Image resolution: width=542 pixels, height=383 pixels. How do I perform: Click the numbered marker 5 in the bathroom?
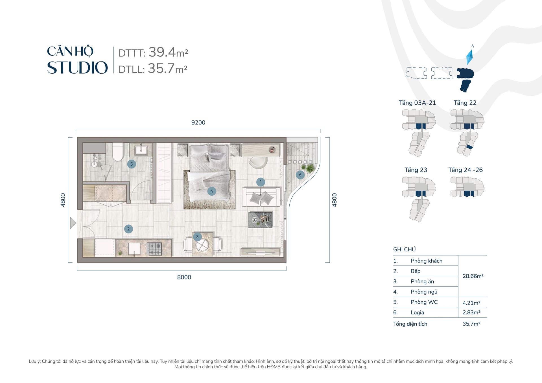pyautogui.click(x=132, y=164)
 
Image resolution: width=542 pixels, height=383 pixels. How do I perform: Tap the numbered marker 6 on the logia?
pyautogui.click(x=300, y=175)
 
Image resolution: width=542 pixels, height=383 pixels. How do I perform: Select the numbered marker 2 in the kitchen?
pyautogui.click(x=128, y=229)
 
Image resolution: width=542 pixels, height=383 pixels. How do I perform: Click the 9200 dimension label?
pyautogui.click(x=198, y=122)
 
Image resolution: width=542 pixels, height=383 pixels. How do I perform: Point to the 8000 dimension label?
pyautogui.click(x=184, y=277)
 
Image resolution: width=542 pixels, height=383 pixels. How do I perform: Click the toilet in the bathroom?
pyautogui.click(x=118, y=152)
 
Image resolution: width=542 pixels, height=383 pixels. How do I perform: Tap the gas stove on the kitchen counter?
pyautogui.click(x=155, y=249)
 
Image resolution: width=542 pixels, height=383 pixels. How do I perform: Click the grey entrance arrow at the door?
pyautogui.click(x=73, y=223)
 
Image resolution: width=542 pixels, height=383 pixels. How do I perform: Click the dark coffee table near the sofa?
pyautogui.click(x=260, y=220)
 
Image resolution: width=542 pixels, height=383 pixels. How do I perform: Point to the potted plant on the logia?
pyautogui.click(x=310, y=168)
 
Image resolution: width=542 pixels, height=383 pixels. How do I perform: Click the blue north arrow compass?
pyautogui.click(x=469, y=57)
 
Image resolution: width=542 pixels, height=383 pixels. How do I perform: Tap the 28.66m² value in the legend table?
pyautogui.click(x=473, y=276)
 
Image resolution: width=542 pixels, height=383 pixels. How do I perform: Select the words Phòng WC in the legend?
pyautogui.click(x=424, y=302)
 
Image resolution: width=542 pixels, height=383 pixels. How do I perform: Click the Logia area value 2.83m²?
pyautogui.click(x=471, y=312)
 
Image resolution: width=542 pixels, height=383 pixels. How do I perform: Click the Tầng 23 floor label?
pyautogui.click(x=416, y=170)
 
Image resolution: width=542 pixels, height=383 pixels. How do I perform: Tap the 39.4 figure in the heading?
pyautogui.click(x=162, y=52)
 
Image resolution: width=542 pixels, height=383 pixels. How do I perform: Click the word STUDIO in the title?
pyautogui.click(x=77, y=68)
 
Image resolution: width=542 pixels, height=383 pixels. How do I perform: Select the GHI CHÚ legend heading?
pyautogui.click(x=404, y=250)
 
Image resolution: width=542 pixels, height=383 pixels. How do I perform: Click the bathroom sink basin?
pyautogui.click(x=141, y=150)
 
